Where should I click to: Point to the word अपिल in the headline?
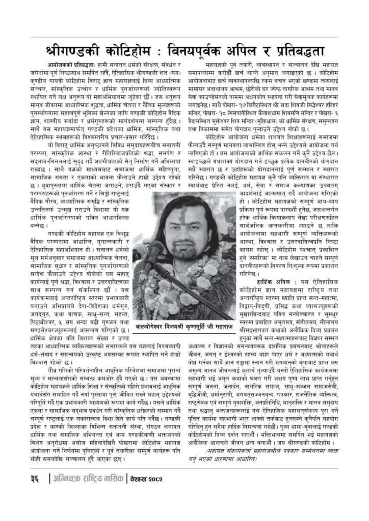(x=253, y=51)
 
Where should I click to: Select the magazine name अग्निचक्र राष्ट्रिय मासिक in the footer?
(x=87, y=492)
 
